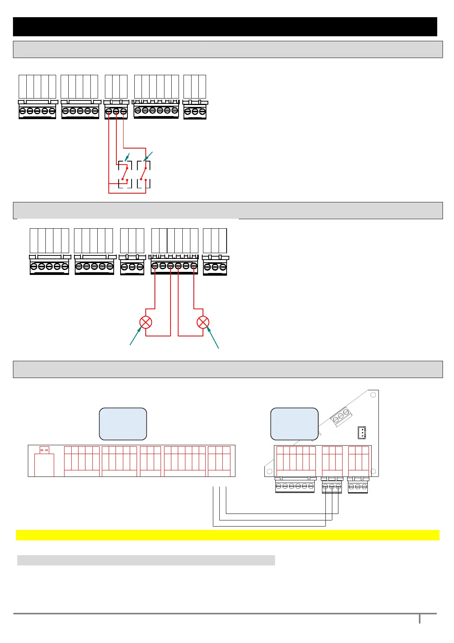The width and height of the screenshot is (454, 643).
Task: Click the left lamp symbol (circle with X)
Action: pos(146,322)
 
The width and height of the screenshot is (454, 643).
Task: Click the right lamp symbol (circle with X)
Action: pos(203,322)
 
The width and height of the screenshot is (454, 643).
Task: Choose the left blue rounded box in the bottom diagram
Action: pos(123,424)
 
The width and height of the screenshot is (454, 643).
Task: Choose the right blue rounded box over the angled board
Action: pos(294,424)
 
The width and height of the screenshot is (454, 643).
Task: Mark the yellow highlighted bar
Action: pos(227,535)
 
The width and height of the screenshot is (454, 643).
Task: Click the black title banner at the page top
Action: pos(225,27)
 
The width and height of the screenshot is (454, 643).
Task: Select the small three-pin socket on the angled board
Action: pos(361,432)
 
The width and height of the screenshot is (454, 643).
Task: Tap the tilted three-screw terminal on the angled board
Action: pos(340,417)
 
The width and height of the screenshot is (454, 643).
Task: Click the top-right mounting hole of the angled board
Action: pos(373,395)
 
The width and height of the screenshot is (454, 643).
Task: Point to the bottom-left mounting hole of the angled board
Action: pos(269,472)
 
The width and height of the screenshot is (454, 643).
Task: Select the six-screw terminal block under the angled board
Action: pos(295,486)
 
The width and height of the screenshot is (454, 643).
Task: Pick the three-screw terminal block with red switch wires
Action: pos(116,111)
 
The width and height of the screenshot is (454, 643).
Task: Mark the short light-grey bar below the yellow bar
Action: pos(146,560)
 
